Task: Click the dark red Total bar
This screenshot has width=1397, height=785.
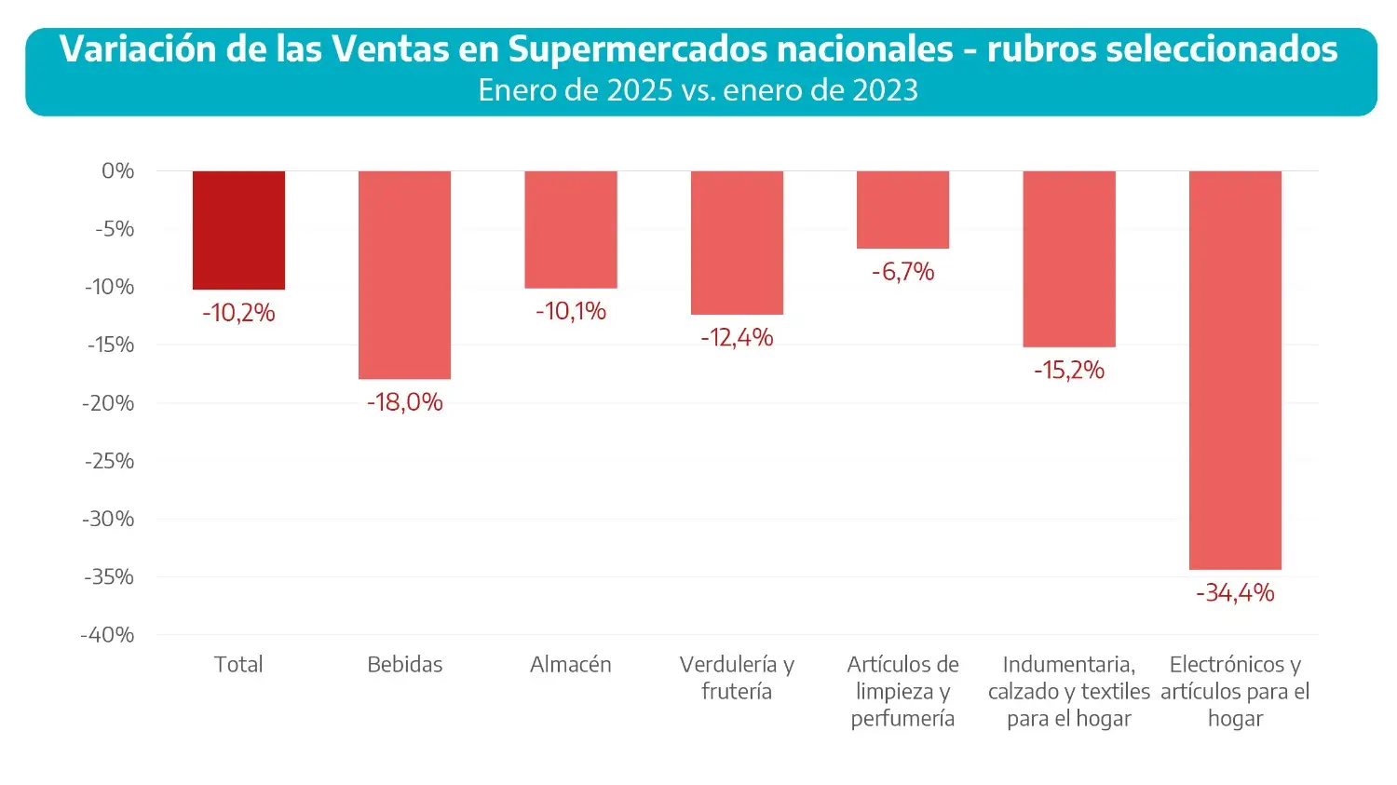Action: tap(238, 230)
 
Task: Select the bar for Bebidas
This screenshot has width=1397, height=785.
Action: tap(404, 275)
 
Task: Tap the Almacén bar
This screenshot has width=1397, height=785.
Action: tap(570, 229)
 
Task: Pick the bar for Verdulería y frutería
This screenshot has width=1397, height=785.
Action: tap(737, 242)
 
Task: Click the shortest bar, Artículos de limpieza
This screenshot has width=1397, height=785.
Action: tap(902, 210)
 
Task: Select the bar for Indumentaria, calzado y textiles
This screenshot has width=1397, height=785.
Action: tap(1068, 259)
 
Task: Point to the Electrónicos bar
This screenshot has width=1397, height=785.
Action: tap(1235, 370)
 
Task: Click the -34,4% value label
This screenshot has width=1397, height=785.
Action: tap(1235, 593)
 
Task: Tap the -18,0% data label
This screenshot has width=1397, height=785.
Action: tap(404, 402)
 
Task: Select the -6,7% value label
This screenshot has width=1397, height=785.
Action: tap(902, 272)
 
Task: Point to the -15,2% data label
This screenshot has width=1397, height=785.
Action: tap(1068, 371)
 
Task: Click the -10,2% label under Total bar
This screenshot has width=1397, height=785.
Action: tap(238, 313)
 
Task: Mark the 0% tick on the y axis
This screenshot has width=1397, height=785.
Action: tap(118, 171)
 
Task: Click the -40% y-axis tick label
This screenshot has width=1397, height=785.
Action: tap(108, 635)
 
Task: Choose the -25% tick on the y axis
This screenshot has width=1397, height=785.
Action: tap(110, 461)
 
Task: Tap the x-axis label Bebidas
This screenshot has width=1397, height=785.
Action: tap(404, 665)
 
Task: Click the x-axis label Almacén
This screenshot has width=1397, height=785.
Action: tap(570, 665)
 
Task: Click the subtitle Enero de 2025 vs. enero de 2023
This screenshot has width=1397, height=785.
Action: tap(698, 90)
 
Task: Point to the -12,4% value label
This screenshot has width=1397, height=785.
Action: tap(737, 337)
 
